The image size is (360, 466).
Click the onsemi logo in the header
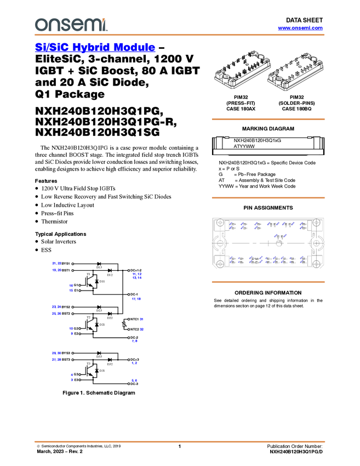point(71,25)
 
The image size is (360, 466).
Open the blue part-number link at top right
point(300,28)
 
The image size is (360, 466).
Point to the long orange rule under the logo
point(180,35)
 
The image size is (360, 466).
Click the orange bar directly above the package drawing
point(268,198)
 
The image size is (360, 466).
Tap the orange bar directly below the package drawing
point(268,282)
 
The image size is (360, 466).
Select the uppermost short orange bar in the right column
point(268,119)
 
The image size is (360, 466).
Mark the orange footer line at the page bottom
point(180,441)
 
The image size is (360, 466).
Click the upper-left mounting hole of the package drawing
point(220,224)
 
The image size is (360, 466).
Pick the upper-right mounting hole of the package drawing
point(316,224)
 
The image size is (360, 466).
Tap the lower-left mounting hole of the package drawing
point(220,262)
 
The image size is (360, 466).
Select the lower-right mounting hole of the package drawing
point(316,262)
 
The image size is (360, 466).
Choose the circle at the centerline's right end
point(317,243)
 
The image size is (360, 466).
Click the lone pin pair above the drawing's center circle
point(278,236)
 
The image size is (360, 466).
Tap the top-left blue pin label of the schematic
point(56,263)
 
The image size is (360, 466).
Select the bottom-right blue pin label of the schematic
point(135,380)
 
